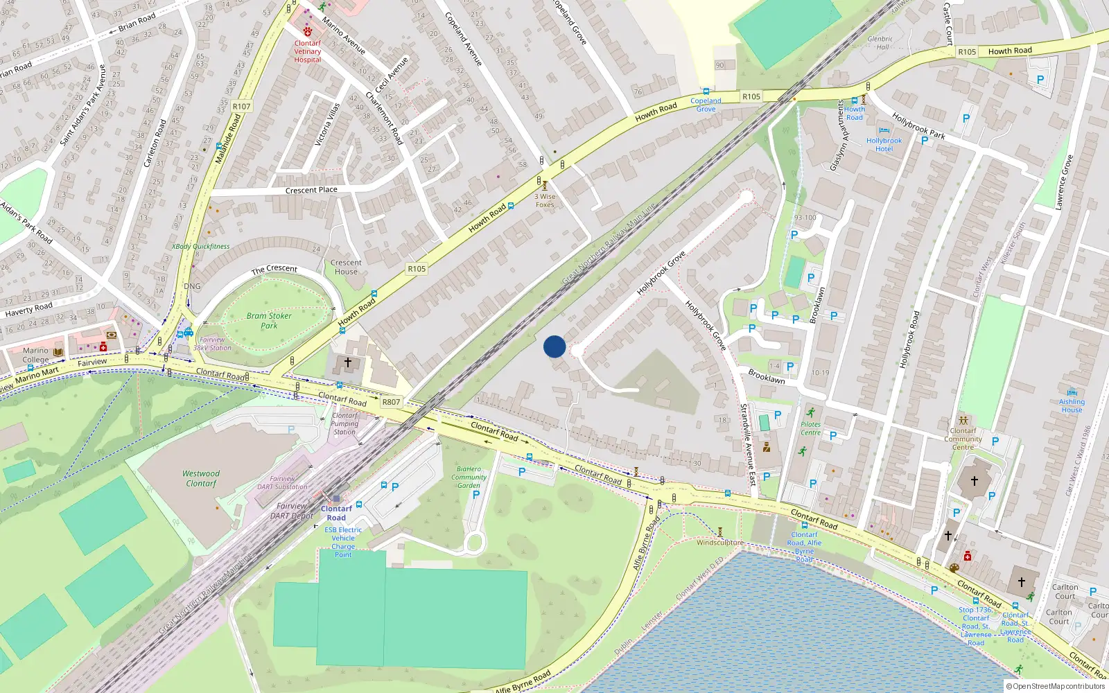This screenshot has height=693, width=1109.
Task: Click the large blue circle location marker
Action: [x=554, y=346]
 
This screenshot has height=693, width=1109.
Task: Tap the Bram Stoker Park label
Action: [x=269, y=320]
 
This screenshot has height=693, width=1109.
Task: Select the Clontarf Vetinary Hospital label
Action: [x=308, y=51]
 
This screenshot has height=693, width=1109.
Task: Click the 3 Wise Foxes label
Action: [x=545, y=200]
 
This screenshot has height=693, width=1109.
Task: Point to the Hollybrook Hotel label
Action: [x=884, y=145]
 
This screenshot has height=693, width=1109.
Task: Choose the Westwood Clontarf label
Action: [x=201, y=479]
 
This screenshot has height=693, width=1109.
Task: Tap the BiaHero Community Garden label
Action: [x=469, y=477]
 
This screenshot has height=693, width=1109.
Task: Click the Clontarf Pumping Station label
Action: [x=344, y=423]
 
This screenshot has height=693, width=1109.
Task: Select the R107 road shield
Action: [x=241, y=106]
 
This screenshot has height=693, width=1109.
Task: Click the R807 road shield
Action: [x=391, y=402]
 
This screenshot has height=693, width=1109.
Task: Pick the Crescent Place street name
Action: [x=311, y=190]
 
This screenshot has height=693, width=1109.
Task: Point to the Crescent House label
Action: [x=346, y=267]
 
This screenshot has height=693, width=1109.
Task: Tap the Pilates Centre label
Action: [x=810, y=428]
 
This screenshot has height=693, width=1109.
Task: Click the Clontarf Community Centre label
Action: [x=963, y=439]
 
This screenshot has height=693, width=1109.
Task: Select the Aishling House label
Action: [x=1072, y=405]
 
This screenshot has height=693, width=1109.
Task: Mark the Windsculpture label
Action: [x=720, y=543]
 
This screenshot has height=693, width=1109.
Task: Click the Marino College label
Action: [x=35, y=355]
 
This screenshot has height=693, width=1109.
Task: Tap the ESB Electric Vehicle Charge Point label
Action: [x=343, y=542]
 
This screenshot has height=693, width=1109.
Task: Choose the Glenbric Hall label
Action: [x=880, y=43]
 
